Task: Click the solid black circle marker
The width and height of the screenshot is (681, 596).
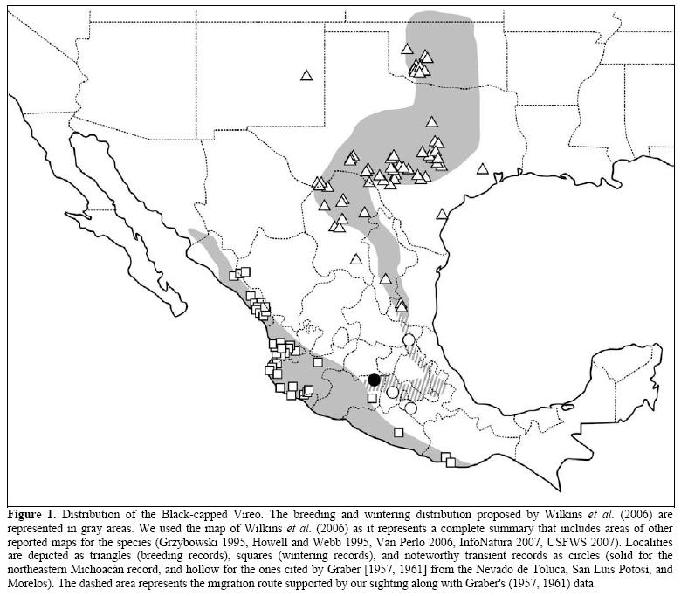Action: [375, 379]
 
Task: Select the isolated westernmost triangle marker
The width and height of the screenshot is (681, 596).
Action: [306, 75]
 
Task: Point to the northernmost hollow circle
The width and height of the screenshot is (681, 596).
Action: [408, 339]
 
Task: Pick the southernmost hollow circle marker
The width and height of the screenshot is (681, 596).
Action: [410, 408]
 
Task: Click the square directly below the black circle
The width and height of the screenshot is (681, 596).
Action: [372, 399]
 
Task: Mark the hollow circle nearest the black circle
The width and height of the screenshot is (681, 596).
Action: [393, 392]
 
